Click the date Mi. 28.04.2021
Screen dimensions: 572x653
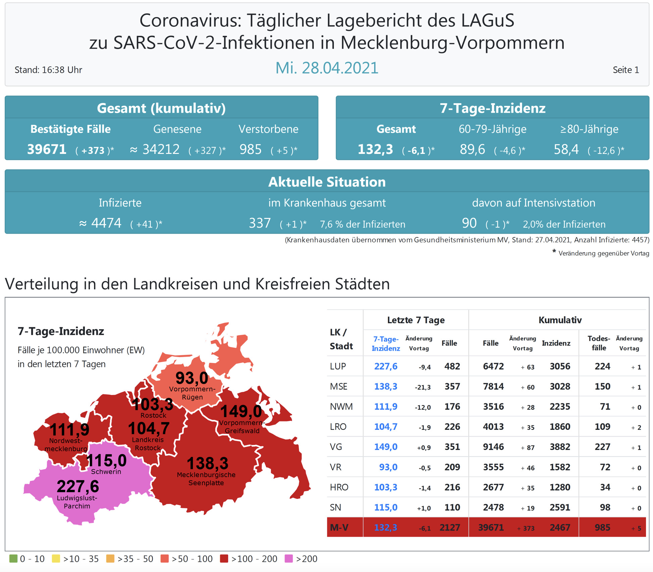[x=326, y=68]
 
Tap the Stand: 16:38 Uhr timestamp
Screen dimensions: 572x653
[x=48, y=70]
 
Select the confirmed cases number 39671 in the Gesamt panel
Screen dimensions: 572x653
[x=47, y=150]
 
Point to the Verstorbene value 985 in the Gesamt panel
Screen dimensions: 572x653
[x=250, y=150]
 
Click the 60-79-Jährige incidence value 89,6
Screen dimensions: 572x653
[x=472, y=150]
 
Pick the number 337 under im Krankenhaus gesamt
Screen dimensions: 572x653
[x=260, y=223]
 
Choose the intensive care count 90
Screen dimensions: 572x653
[x=469, y=223]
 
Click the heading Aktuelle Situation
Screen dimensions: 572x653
[x=327, y=182]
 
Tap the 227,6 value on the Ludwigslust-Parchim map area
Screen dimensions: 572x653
[x=78, y=487]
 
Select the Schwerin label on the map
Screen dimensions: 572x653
[x=106, y=472]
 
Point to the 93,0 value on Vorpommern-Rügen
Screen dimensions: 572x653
[x=192, y=378]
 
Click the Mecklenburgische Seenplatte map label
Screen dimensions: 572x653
[x=206, y=479]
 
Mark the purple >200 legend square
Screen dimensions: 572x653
[x=289, y=559]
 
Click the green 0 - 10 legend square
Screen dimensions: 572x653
[x=13, y=559]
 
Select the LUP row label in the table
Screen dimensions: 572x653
[x=338, y=366]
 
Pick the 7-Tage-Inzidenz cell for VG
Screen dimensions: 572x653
[x=386, y=447]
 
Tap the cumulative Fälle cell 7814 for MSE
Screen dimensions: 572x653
[x=493, y=387]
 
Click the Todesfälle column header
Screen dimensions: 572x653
[x=599, y=343]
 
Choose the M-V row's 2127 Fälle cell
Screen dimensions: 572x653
[x=450, y=528]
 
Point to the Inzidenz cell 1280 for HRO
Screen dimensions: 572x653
[x=560, y=487]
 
